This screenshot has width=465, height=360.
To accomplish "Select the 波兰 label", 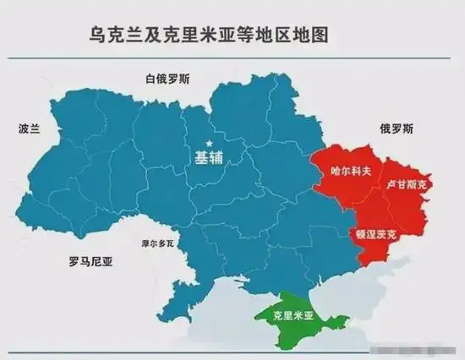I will (30, 129).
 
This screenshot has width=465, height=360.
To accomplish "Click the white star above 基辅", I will (209, 143).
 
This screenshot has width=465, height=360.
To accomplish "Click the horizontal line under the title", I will (232, 57).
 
